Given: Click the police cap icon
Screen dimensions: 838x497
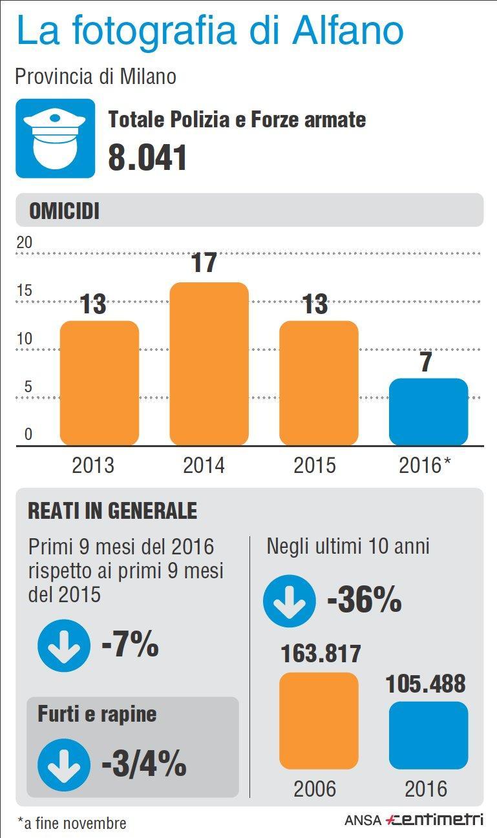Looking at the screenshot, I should click(x=55, y=138).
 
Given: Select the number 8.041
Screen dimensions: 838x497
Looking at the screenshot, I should click(x=147, y=158).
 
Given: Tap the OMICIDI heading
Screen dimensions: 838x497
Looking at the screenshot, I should click(x=65, y=211).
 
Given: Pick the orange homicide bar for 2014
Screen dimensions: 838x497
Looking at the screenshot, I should click(x=209, y=364).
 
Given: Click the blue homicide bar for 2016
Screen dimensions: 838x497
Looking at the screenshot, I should click(x=428, y=412).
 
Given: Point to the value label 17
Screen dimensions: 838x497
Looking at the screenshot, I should click(x=205, y=263).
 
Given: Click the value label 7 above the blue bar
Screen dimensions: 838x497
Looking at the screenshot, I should click(x=426, y=362).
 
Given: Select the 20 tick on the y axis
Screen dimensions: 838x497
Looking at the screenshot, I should click(x=24, y=243).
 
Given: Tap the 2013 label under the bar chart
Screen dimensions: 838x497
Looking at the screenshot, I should click(x=93, y=465).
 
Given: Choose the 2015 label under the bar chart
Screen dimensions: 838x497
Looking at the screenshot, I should click(x=315, y=465).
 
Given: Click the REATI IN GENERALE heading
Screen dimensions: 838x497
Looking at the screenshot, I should click(x=112, y=511).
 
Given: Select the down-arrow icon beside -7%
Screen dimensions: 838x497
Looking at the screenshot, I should click(x=63, y=645).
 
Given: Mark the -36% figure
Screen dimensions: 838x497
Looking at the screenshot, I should click(x=365, y=601).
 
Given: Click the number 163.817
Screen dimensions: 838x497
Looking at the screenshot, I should click(x=321, y=654).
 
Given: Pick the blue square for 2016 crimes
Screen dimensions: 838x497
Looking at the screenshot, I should click(x=428, y=735).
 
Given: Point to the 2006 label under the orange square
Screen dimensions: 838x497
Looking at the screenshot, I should click(x=315, y=788).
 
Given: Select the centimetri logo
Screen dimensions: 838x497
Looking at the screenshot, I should click(x=434, y=820).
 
